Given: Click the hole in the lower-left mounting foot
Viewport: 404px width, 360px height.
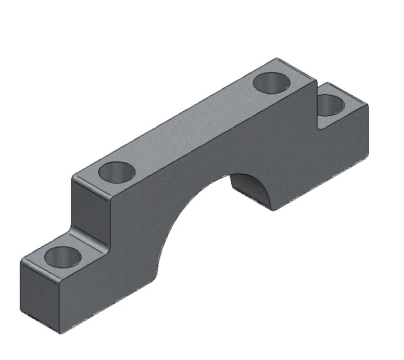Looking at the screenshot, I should pos(63,257).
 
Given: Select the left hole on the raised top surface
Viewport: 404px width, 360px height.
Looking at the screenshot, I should pos(116,172).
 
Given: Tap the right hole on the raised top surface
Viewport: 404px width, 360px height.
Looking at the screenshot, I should pos(272,82).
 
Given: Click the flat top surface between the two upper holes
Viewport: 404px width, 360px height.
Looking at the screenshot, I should pos(194,126).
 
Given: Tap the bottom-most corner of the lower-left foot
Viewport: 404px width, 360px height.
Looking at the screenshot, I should pos(61,334).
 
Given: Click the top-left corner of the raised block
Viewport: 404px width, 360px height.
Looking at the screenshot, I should pos(74,177).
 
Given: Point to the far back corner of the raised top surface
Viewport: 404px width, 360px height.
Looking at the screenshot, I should pos(276,59).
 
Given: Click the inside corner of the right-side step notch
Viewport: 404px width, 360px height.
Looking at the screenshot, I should pos(318,128).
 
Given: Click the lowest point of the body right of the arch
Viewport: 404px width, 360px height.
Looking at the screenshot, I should pos(273,211).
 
